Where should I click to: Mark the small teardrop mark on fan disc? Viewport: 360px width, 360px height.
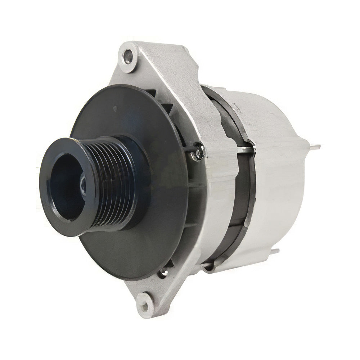point(114,108)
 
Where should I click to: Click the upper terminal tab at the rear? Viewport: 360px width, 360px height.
point(315,147)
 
